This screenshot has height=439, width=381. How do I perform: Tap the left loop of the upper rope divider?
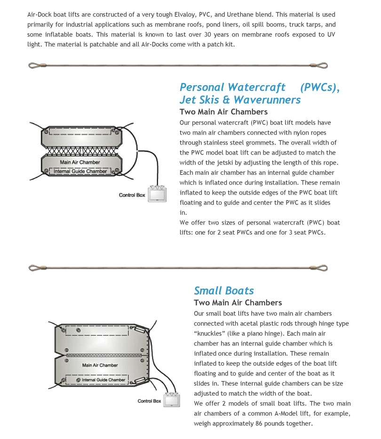34,65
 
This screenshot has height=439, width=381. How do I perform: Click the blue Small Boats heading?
224,291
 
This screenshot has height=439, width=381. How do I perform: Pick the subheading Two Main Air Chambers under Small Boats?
238,302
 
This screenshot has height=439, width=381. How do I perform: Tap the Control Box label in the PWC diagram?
132,195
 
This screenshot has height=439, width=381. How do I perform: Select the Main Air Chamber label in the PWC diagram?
80,162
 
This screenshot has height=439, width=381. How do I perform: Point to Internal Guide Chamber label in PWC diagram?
80,171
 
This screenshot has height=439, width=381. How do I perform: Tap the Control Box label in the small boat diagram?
149,401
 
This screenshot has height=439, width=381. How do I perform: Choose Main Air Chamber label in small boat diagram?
100,365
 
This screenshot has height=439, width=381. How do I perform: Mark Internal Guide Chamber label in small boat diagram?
103,380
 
